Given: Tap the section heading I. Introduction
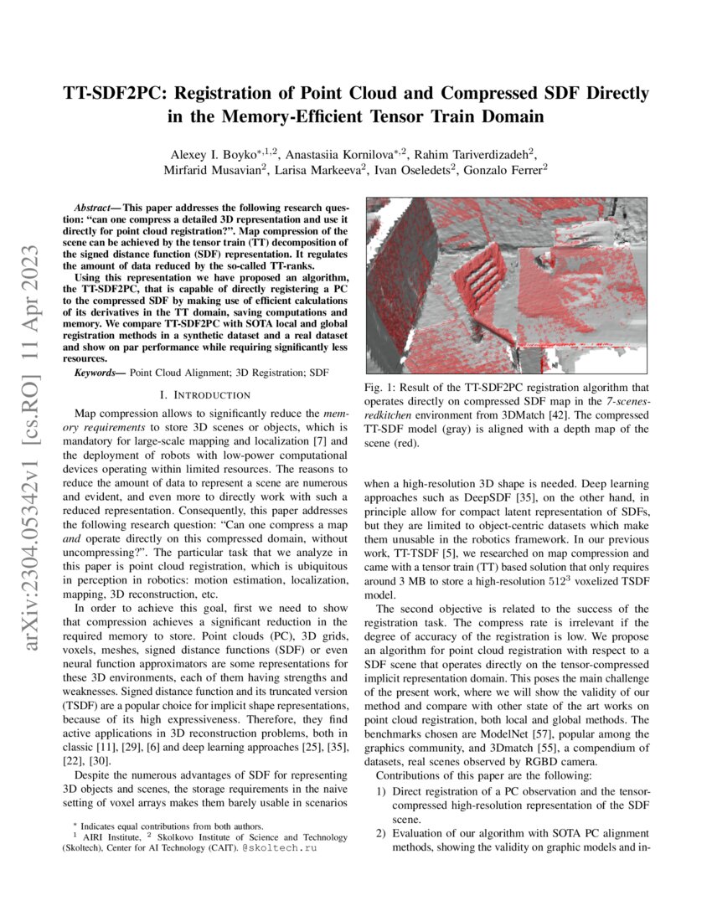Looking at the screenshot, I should click(204, 394).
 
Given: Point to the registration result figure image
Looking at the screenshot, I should click(506, 286).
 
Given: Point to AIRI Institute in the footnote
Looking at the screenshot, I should click(111, 837).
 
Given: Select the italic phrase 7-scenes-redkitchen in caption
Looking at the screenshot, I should click(586, 402).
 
